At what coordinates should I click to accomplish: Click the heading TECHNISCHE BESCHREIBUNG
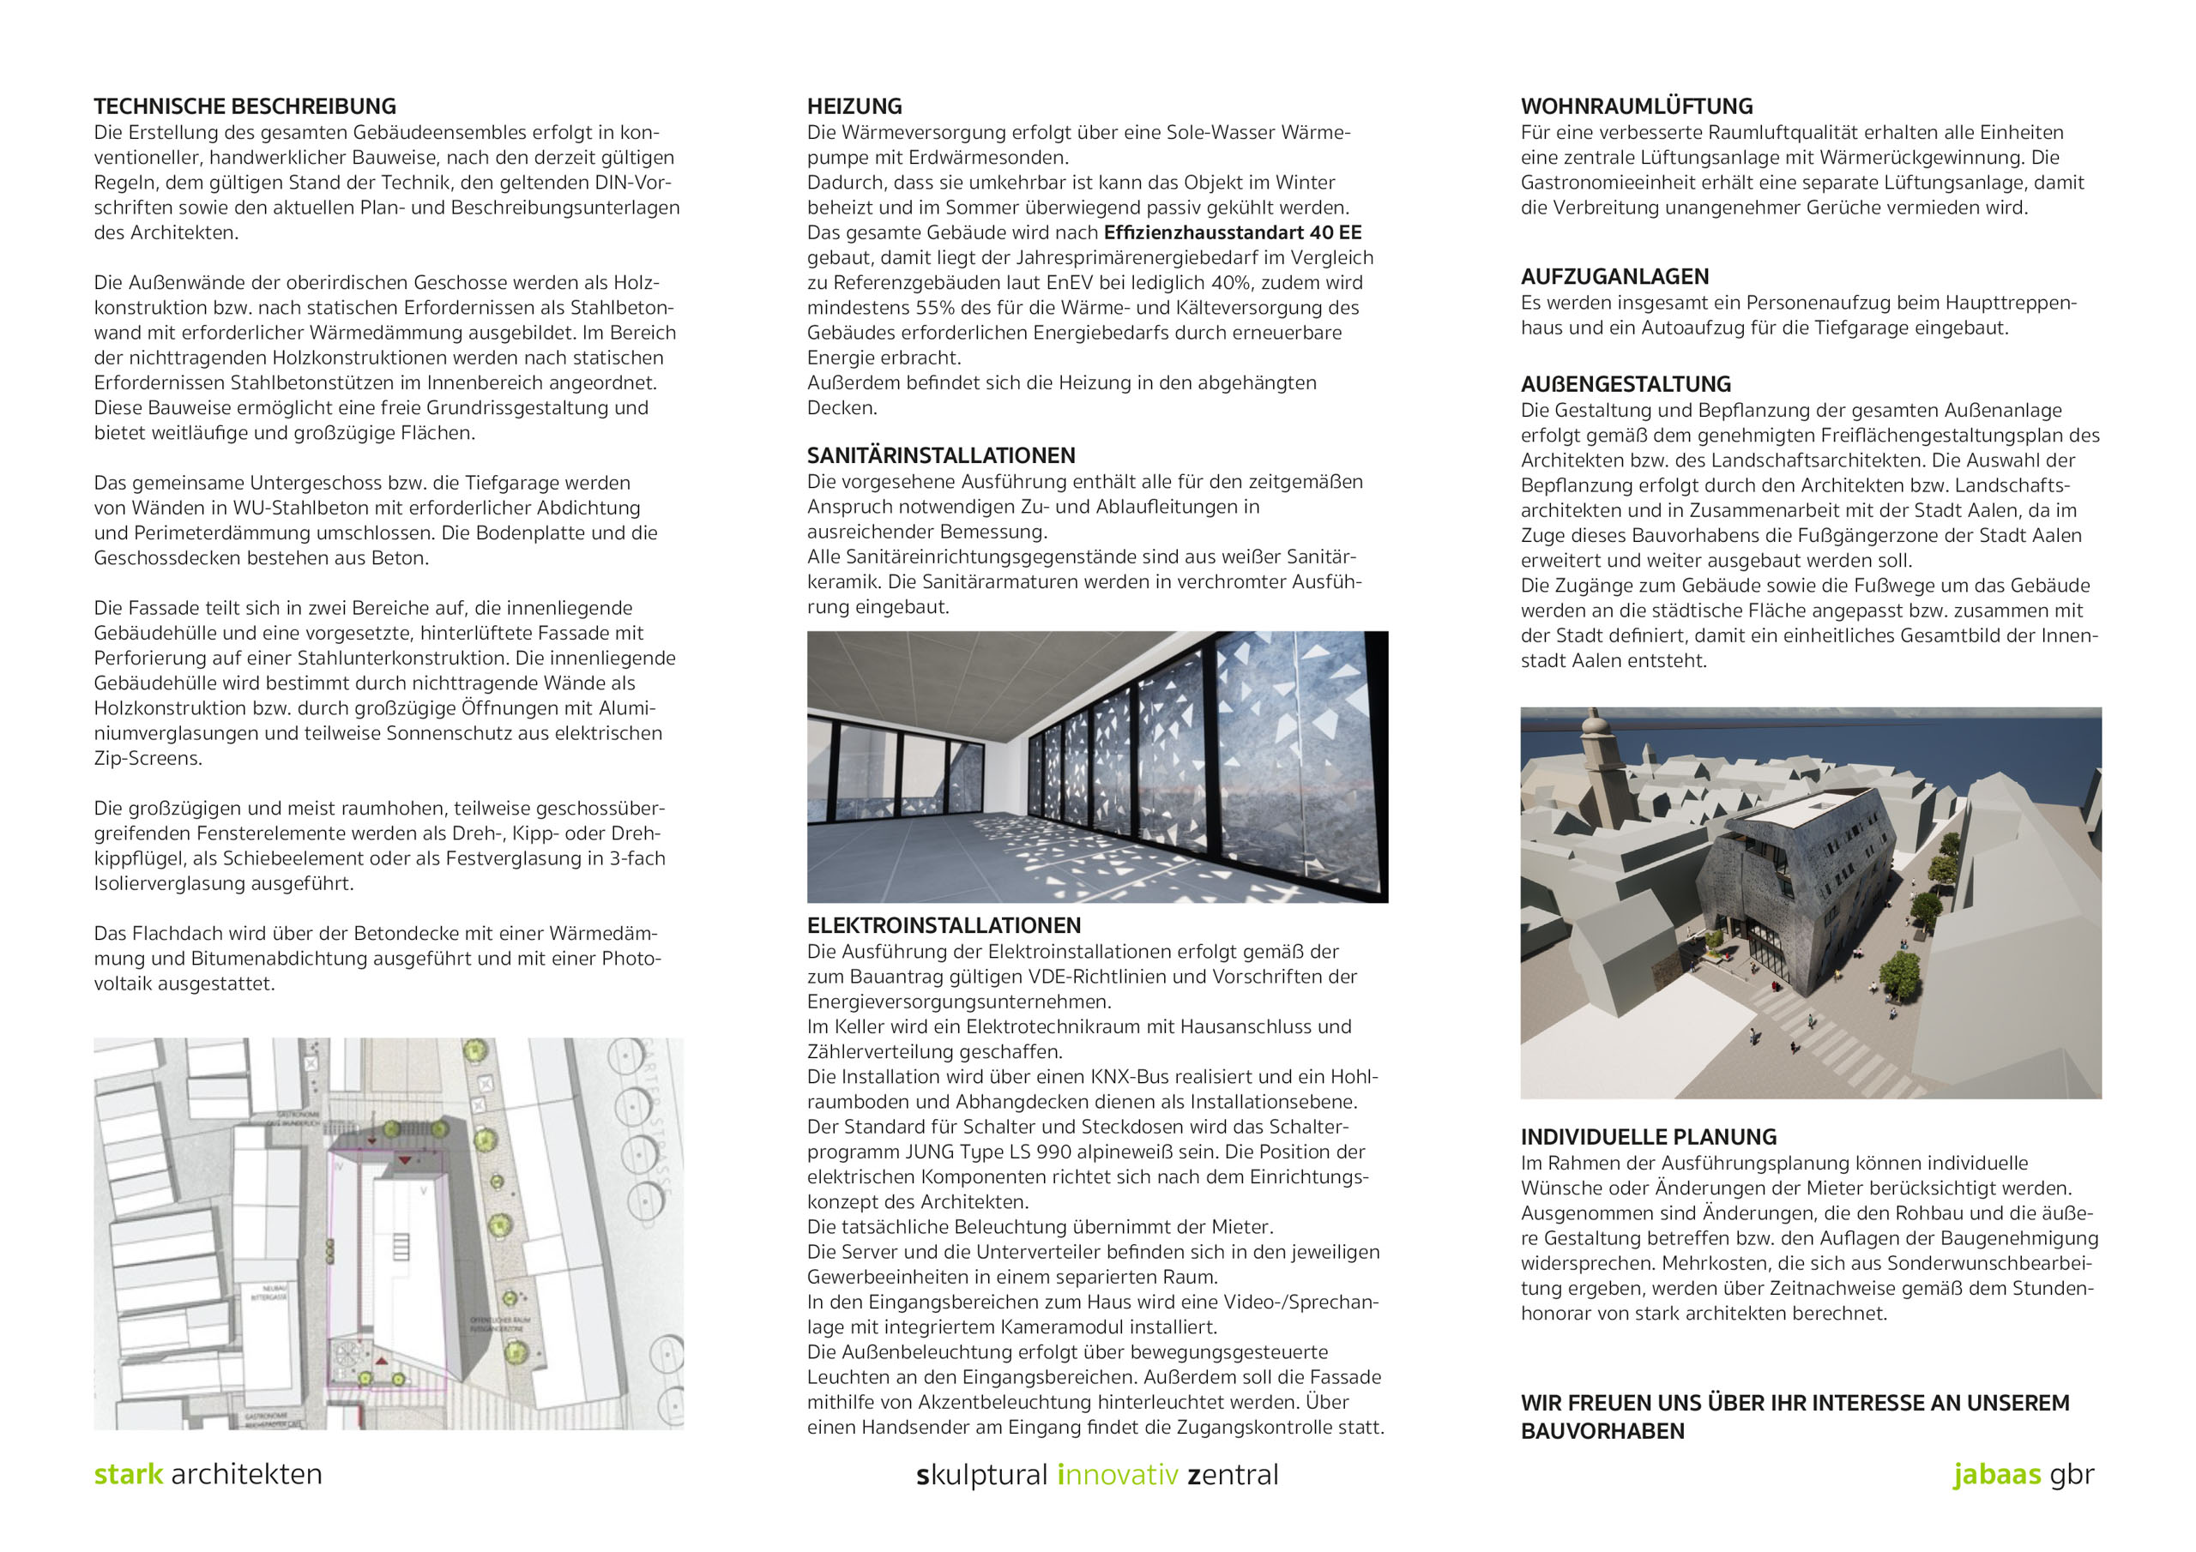244,106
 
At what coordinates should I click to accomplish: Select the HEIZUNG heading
854,106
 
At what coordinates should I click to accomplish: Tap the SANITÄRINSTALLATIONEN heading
940,455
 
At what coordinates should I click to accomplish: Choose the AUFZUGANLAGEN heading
1614,276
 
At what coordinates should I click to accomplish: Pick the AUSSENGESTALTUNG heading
1625,383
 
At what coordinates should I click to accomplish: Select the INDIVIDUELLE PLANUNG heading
1648,1137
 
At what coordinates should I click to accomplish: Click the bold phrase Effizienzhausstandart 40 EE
1232,232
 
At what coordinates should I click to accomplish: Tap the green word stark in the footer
128,1474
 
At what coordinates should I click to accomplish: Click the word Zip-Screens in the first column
148,758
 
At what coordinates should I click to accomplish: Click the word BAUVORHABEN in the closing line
1602,1430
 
